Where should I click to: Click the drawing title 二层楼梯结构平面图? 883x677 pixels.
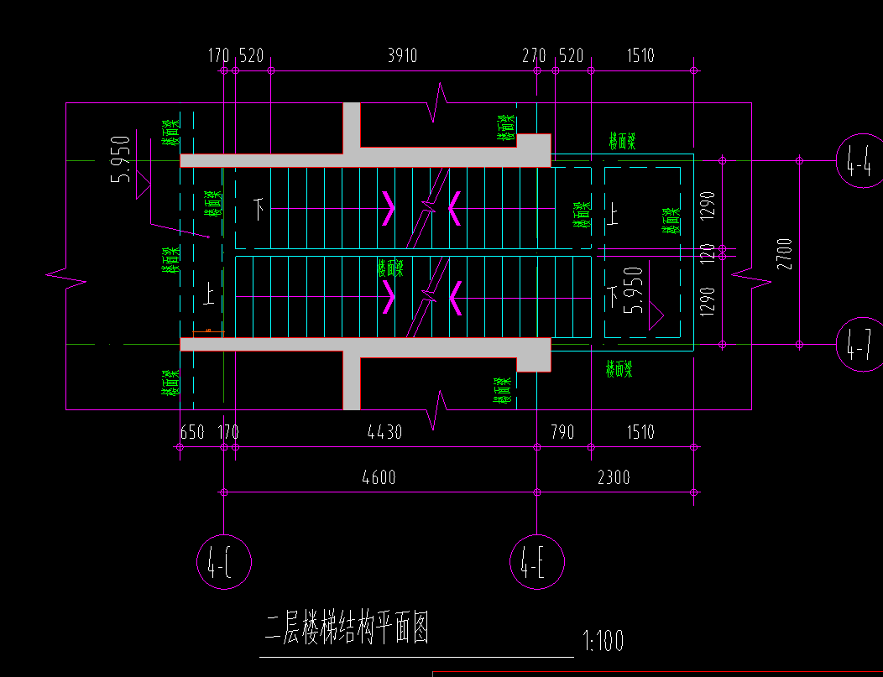pyautogui.click(x=347, y=629)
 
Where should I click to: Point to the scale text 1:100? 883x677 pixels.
pyautogui.click(x=603, y=642)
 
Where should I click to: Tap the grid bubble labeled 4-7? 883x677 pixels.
pyautogui.click(x=860, y=344)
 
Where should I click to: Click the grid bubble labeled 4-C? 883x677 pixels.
pyautogui.click(x=224, y=561)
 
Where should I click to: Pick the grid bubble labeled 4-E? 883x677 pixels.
pyautogui.click(x=537, y=561)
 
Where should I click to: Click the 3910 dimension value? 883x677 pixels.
pyautogui.click(x=402, y=56)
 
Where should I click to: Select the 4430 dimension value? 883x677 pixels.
pyautogui.click(x=385, y=432)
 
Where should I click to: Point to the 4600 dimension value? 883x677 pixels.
pyautogui.click(x=379, y=477)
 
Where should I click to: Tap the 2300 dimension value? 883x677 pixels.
pyautogui.click(x=614, y=477)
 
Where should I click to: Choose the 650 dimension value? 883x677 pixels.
pyautogui.click(x=192, y=432)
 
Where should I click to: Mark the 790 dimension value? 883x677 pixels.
pyautogui.click(x=562, y=432)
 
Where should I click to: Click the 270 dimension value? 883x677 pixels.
pyautogui.click(x=534, y=56)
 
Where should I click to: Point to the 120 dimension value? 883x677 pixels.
pyautogui.click(x=707, y=251)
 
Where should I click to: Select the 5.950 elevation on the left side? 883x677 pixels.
pyautogui.click(x=123, y=159)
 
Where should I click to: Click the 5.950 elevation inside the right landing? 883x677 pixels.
pyautogui.click(x=635, y=289)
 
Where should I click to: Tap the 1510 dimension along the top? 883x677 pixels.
pyautogui.click(x=640, y=56)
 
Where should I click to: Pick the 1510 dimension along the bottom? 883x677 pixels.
pyautogui.click(x=640, y=432)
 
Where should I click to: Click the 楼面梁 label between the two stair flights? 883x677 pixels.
pyautogui.click(x=390, y=268)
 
